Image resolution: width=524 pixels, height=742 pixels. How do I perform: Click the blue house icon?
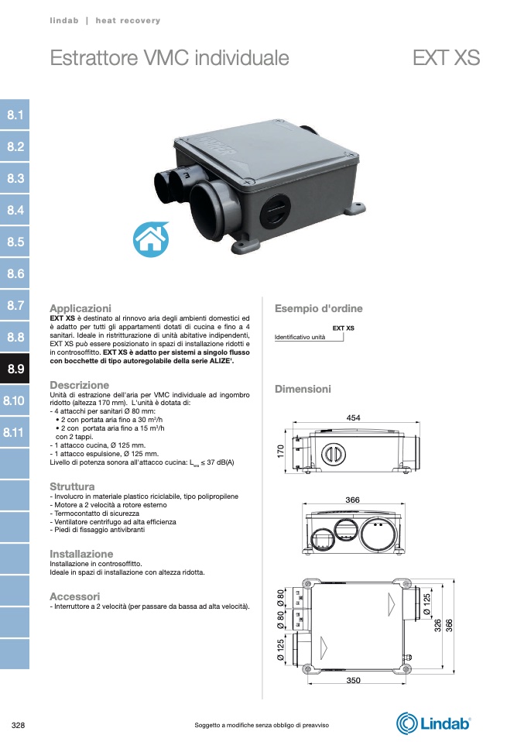pyautogui.click(x=151, y=239)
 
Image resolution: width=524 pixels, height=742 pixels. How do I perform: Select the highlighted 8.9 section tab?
pyautogui.click(x=15, y=369)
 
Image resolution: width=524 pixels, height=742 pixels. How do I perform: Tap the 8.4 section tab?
pyautogui.click(x=15, y=210)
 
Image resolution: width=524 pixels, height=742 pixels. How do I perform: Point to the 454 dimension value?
pyautogui.click(x=353, y=417)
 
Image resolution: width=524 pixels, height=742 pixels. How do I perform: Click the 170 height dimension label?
pyautogui.click(x=280, y=451)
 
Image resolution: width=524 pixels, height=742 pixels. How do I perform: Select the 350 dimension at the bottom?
pyautogui.click(x=353, y=681)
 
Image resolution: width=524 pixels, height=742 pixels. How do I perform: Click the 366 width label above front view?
pyautogui.click(x=352, y=500)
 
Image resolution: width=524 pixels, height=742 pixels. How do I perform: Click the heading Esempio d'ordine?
pyautogui.click(x=318, y=308)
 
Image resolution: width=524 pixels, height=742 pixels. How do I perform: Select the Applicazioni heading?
pyautogui.click(x=80, y=308)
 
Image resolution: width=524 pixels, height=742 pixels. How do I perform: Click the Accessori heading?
pyautogui.click(x=75, y=596)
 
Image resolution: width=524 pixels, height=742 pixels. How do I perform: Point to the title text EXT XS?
pyautogui.click(x=446, y=58)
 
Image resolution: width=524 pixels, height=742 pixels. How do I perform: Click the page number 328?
pyautogui.click(x=18, y=725)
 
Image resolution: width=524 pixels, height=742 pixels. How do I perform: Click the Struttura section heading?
pyautogui.click(x=72, y=486)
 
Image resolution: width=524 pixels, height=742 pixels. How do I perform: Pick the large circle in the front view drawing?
pyautogui.click(x=378, y=531)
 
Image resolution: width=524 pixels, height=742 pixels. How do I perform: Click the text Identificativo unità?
pyautogui.click(x=300, y=337)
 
